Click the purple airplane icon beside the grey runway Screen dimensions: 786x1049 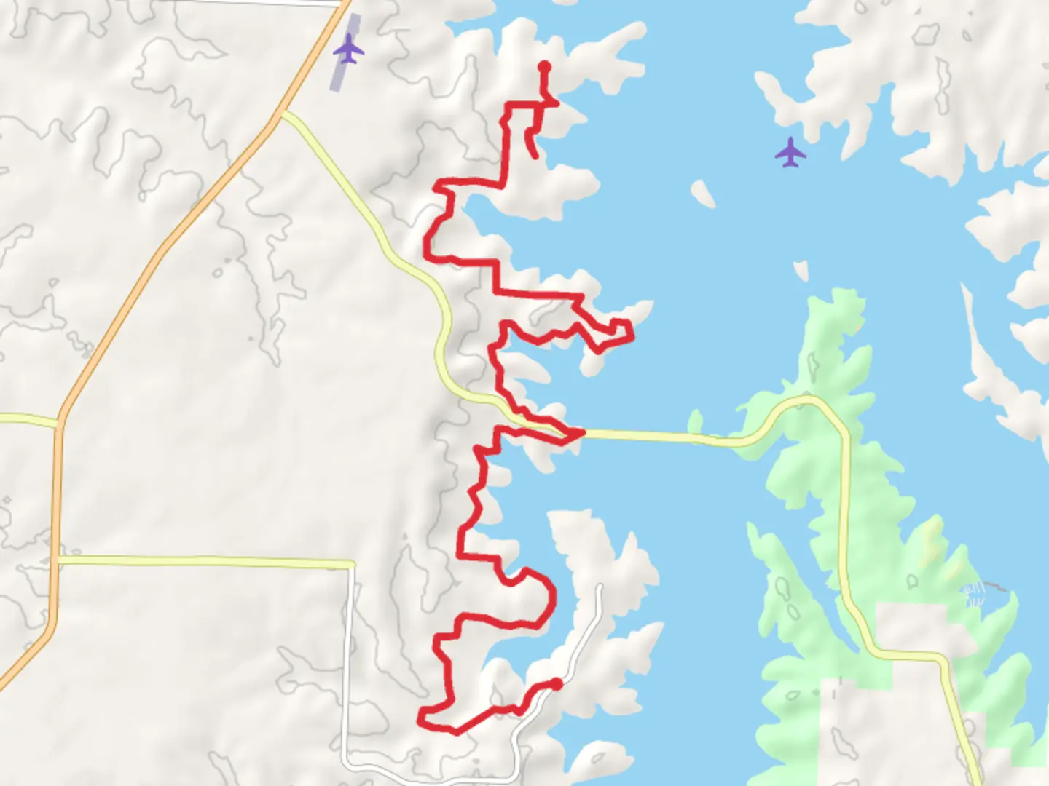pos(349,50)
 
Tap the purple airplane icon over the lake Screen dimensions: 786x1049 pos(790,153)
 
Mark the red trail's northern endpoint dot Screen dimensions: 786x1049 pos(544,67)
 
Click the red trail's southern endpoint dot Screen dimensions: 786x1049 pos(557,683)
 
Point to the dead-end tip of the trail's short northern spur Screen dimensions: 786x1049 pos(536,156)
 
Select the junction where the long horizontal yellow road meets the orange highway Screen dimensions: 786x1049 pos(57,560)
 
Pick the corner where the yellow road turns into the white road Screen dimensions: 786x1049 pos(352,563)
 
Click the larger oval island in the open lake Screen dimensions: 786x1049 pos(703,193)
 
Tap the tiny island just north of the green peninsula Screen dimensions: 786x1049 pos(801,271)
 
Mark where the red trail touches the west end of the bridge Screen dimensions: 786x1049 pos(581,433)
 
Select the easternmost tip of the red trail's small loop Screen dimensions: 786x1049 pos(631,336)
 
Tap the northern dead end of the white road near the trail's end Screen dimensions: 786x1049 pos(600,586)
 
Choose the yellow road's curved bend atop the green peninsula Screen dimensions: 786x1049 pos(805,400)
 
